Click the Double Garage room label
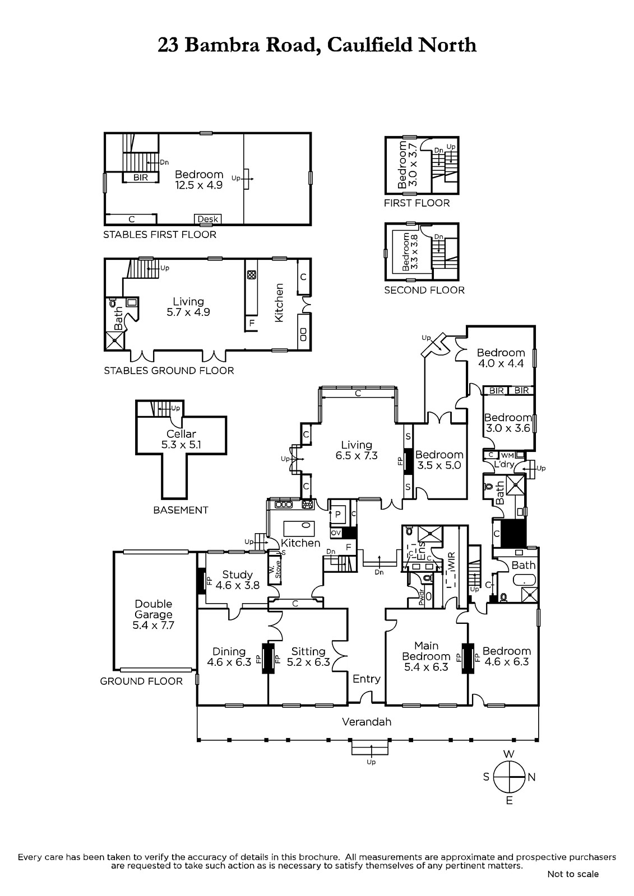[x=154, y=614]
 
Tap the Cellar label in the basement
[x=182, y=433]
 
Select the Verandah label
[x=367, y=722]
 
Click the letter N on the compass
[x=531, y=777]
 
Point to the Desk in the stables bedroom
[x=208, y=219]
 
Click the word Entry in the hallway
[x=367, y=679]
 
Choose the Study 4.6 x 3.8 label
[x=238, y=580]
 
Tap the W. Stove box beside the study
[x=274, y=568]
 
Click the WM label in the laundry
[x=507, y=455]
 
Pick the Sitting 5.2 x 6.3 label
[x=308, y=657]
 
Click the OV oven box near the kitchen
[x=336, y=533]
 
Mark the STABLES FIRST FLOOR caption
[x=160, y=235]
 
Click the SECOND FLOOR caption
[x=424, y=290]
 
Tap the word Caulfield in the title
[x=369, y=45]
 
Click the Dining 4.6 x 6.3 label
[x=229, y=657]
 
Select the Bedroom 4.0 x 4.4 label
[x=501, y=358]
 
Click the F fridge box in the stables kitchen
[x=252, y=323]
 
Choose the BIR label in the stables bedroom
[x=141, y=178]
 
